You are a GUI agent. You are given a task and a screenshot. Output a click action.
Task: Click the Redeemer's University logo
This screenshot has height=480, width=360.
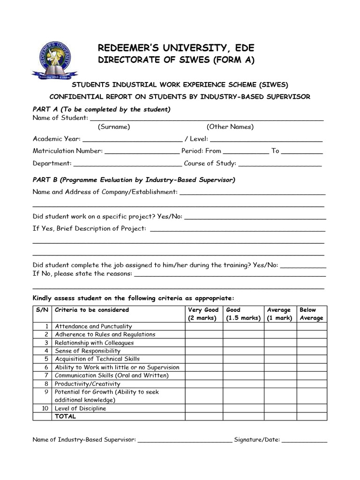tap(52, 59)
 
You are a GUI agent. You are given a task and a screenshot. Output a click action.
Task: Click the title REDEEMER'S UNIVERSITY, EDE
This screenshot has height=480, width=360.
tap(176, 48)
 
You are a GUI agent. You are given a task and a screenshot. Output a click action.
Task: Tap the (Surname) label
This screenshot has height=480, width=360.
tap(114, 127)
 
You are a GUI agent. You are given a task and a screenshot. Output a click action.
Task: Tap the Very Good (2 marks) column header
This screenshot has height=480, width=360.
tap(203, 314)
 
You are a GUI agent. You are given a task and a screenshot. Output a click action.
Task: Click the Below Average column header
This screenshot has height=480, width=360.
tap(311, 314)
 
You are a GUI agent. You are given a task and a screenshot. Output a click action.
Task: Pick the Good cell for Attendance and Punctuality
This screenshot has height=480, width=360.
tap(242, 326)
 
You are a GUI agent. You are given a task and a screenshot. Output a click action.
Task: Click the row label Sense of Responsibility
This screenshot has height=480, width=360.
tap(88, 351)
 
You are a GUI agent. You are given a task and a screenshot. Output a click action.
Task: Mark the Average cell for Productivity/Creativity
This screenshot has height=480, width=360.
tap(280, 383)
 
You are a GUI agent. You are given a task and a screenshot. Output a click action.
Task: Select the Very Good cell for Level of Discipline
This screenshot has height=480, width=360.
tap(203, 408)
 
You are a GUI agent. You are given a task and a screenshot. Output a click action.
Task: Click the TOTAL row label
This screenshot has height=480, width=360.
tap(66, 416)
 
